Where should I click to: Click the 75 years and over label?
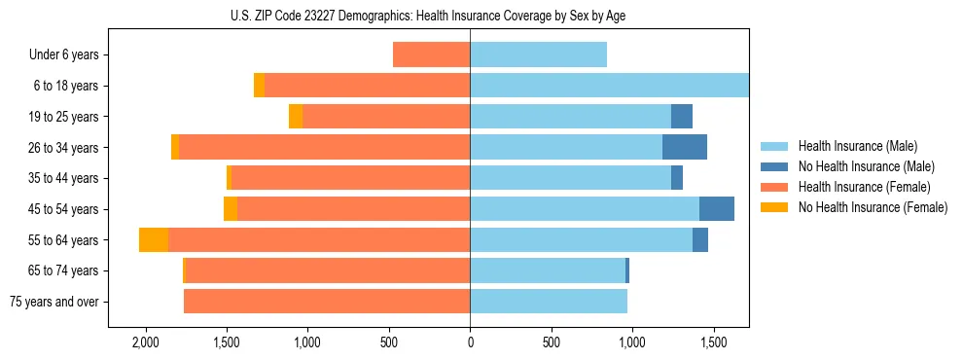(53, 302)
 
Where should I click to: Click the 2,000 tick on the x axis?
(145, 342)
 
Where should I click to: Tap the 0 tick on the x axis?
(470, 342)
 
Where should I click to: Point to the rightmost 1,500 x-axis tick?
(713, 342)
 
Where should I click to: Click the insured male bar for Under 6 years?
(538, 55)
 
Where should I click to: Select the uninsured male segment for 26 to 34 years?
(685, 148)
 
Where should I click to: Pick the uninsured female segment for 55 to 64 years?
(154, 240)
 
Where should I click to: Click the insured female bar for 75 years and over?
(327, 302)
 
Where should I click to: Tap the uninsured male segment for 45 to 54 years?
(717, 209)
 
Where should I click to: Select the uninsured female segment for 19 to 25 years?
(296, 117)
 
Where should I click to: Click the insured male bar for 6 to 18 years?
(609, 86)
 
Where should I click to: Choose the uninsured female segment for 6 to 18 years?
(259, 86)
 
